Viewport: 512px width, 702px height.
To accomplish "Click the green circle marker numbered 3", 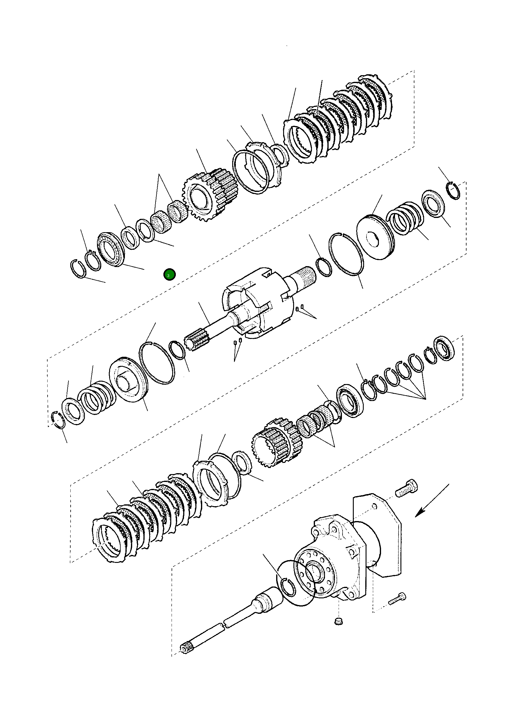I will (x=169, y=275).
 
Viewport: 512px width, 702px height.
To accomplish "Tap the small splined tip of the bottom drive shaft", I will (x=185, y=664).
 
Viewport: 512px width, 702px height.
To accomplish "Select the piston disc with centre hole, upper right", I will (x=376, y=237).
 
